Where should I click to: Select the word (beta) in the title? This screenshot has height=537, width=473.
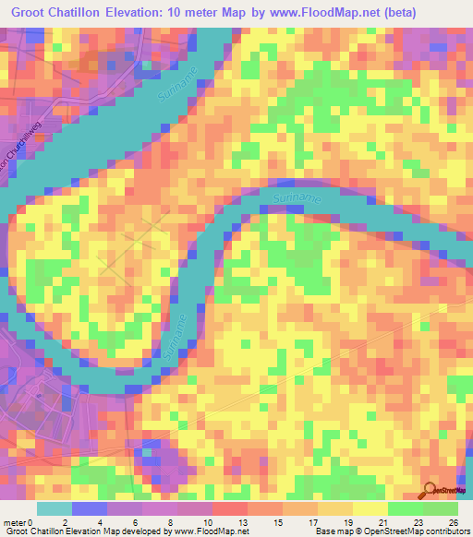click(395, 13)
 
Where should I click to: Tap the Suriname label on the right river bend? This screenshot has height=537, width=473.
click(297, 197)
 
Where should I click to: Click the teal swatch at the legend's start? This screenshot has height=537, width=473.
click(55, 508)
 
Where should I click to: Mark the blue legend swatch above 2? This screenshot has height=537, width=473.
click(90, 508)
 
